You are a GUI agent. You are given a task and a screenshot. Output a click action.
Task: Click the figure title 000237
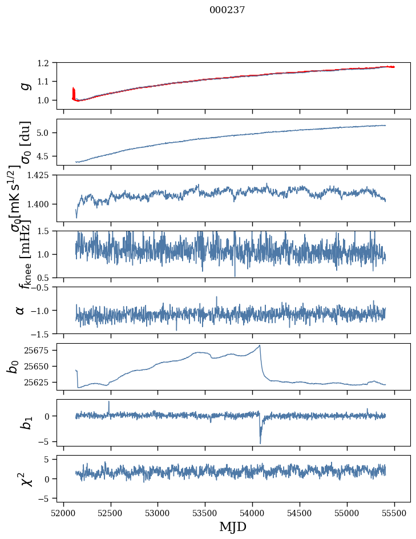tap(227, 10)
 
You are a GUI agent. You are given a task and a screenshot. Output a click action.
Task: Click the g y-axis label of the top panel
tap(24, 85)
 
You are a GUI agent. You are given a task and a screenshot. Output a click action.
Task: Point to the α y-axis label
tap(21, 310)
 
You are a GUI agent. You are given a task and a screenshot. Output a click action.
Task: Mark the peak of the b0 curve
tap(260, 345)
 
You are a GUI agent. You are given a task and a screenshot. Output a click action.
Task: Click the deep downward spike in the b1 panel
tap(260, 443)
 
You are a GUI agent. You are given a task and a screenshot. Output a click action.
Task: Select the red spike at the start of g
tap(74, 91)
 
